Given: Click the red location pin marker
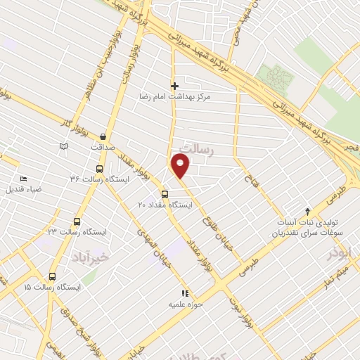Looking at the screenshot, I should point(181,167).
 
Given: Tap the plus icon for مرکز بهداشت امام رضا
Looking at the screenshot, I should point(175,86).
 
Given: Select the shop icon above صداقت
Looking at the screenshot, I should point(104,137).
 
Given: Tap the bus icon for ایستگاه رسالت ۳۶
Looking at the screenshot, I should point(98,169).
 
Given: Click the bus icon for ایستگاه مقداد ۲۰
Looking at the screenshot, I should point(165,194).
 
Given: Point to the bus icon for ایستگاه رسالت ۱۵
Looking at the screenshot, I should point(53,276).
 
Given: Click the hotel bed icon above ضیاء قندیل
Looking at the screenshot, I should point(24,179).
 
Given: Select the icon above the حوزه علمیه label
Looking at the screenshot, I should point(185,293).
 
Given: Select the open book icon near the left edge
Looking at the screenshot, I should point(64,146).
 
